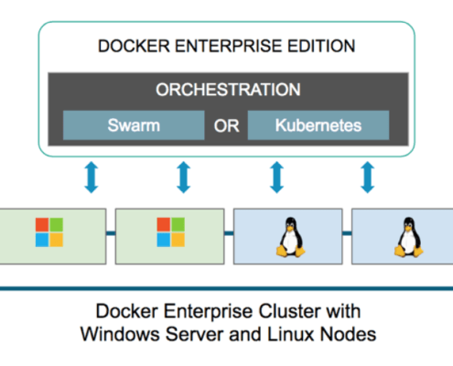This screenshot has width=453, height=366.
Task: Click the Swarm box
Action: click(x=134, y=125)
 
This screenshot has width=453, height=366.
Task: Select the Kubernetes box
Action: click(x=318, y=125)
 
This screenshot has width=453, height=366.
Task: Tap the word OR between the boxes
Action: click(x=226, y=126)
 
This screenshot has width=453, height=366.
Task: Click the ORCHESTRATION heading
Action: click(x=228, y=90)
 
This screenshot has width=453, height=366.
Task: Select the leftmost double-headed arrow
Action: click(x=92, y=178)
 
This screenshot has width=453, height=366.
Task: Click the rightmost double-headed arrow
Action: click(x=368, y=178)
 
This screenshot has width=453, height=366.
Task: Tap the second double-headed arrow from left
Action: click(x=184, y=178)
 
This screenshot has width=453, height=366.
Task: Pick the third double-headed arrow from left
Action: click(x=277, y=178)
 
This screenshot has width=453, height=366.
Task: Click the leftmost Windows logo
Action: click(x=49, y=232)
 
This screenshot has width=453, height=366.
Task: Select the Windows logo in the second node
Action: click(x=171, y=232)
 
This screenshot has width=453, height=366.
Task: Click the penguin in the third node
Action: click(x=291, y=237)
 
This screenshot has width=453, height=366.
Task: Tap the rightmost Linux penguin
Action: click(x=409, y=237)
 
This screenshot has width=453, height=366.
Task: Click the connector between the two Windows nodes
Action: click(x=111, y=233)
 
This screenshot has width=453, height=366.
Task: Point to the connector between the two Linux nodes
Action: click(x=347, y=233)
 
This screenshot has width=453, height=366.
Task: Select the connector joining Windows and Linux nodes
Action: click(x=229, y=233)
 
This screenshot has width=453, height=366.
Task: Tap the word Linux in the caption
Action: click(x=291, y=334)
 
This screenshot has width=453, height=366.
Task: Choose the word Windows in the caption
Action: click(x=121, y=334)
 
